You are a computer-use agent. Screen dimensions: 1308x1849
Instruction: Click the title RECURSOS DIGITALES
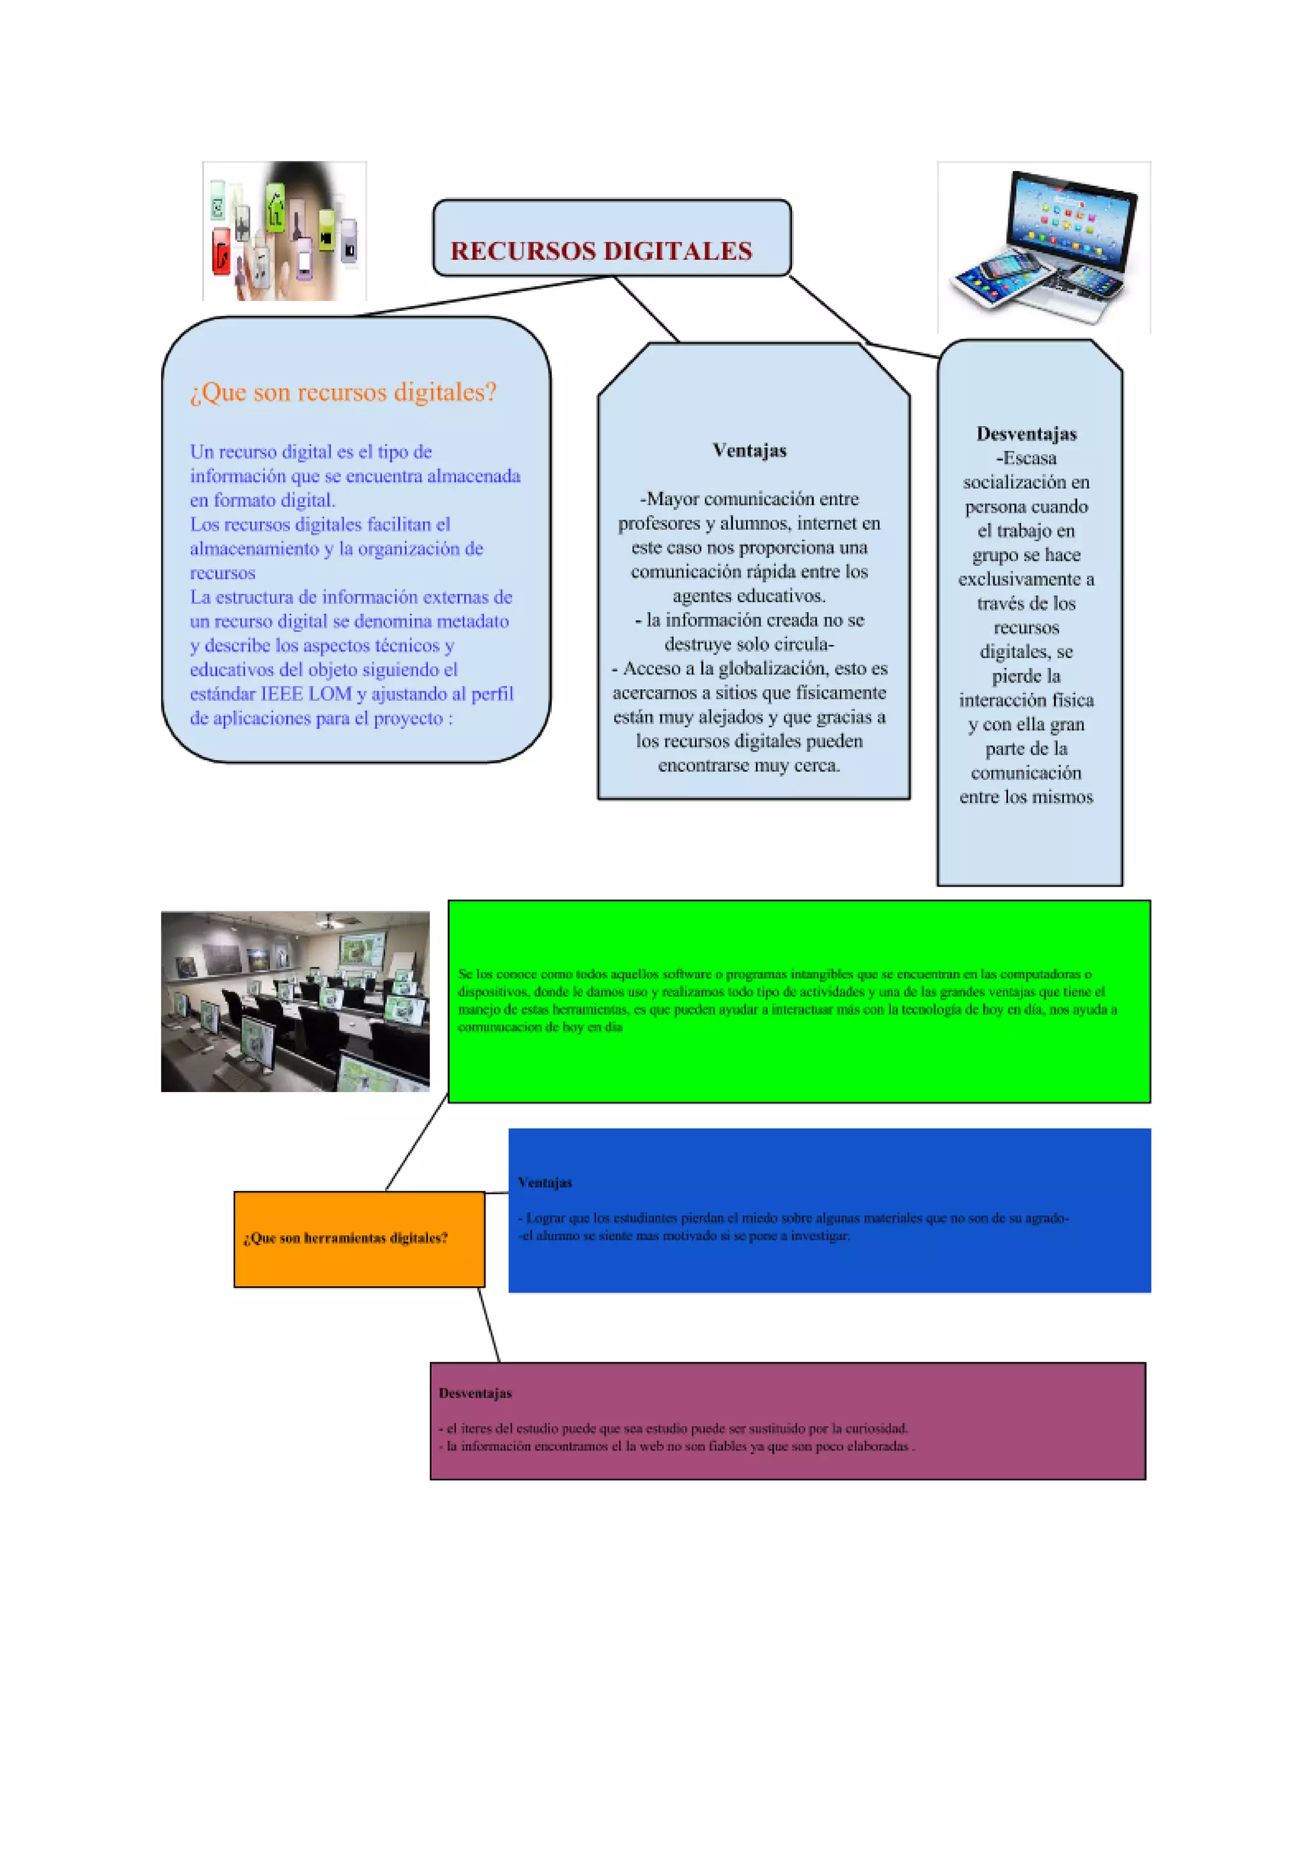pos(601,251)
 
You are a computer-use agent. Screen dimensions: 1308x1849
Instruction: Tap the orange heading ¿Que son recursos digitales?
pos(343,392)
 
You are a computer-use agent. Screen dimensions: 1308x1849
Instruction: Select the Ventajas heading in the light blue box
pos(749,451)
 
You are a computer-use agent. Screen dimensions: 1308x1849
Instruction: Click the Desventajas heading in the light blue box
pos(1026,434)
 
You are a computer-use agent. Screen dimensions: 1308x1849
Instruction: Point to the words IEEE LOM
pos(306,694)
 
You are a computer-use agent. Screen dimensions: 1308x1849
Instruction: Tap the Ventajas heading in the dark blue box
pos(544,1182)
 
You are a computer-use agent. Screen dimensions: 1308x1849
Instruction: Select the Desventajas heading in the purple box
pos(475,1393)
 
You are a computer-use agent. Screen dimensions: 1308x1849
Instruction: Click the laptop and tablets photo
pos(1044,247)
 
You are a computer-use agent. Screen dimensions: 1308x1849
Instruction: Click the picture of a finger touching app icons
pos(284,231)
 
